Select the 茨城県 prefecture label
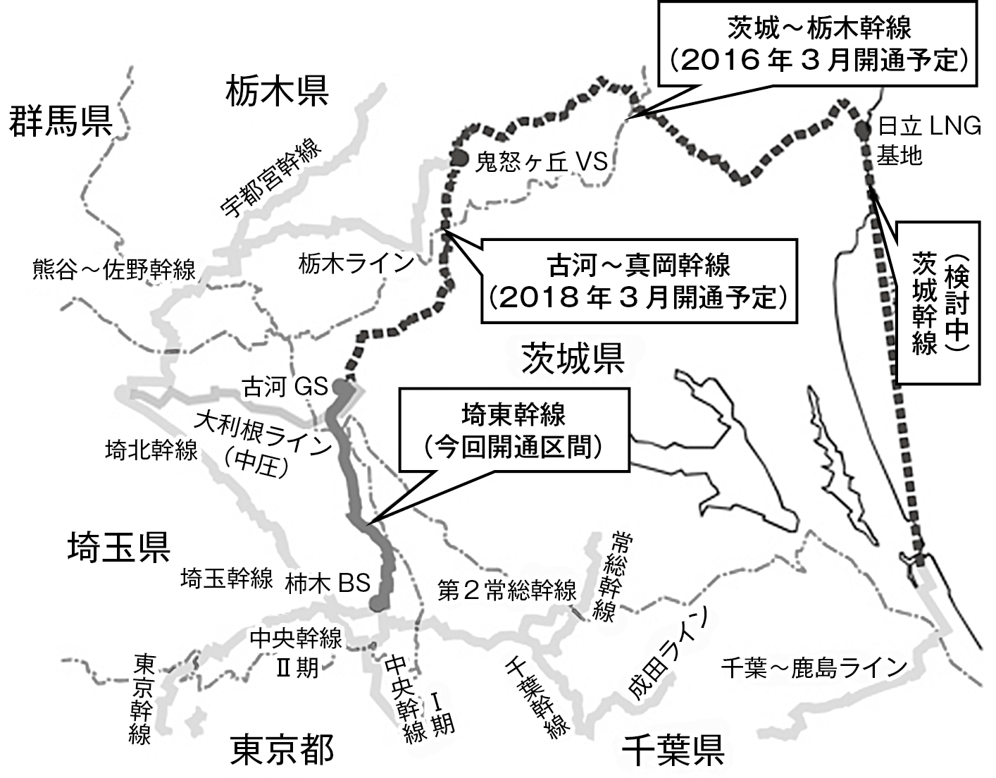click(x=572, y=358)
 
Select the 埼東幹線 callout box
click(x=513, y=430)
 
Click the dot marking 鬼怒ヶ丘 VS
click(x=459, y=157)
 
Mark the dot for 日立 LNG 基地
click(x=862, y=130)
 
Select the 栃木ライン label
click(x=356, y=264)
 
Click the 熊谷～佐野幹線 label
click(x=113, y=269)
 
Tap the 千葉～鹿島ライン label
click(x=813, y=667)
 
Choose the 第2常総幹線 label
click(x=506, y=590)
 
